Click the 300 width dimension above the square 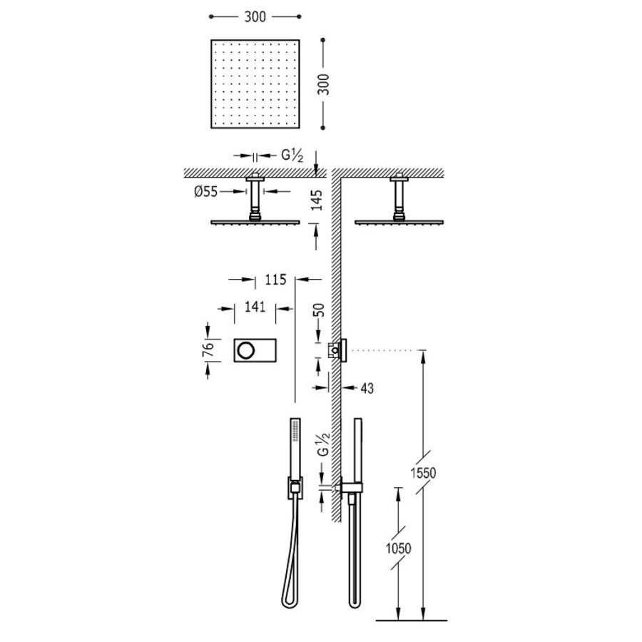pos(255,17)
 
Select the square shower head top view pos(255,84)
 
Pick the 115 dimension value pos(275,280)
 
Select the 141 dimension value pos(255,307)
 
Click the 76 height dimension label pos(208,349)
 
